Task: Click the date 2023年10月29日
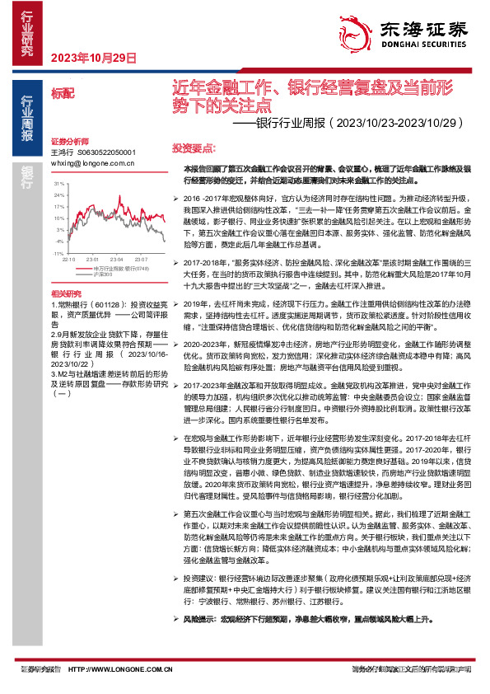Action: pyautogui.click(x=93, y=57)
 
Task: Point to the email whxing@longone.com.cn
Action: pyautogui.click(x=93, y=164)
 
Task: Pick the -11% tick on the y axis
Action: pyautogui.click(x=57, y=245)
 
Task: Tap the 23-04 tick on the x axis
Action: pyautogui.click(x=119, y=257)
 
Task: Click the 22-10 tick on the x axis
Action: pyautogui.click(x=68, y=257)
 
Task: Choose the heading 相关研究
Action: pyautogui.click(x=66, y=293)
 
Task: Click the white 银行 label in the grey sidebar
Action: pyautogui.click(x=28, y=176)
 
